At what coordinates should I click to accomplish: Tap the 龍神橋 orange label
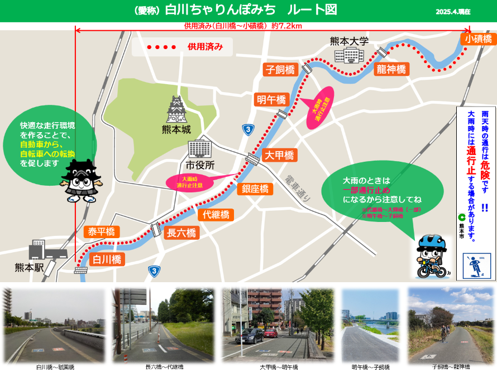point(391,69)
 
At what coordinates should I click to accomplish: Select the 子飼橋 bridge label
point(280,70)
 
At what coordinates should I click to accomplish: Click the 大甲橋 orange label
point(279,155)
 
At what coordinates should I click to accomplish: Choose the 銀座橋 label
point(255,189)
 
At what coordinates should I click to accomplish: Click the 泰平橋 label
point(101,231)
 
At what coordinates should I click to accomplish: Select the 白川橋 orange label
point(106,259)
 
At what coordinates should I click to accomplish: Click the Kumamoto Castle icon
point(178,109)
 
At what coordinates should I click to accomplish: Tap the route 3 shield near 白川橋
point(154,270)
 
